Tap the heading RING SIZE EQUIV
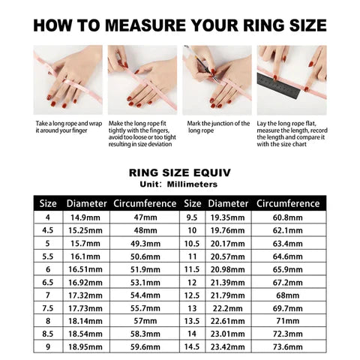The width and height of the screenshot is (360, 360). point(179,172)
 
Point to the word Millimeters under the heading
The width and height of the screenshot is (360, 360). point(190,183)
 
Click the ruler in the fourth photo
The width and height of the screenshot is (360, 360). point(280,81)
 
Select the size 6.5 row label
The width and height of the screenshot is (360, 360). point(47,282)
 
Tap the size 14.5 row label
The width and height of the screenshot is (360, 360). point(192,346)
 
